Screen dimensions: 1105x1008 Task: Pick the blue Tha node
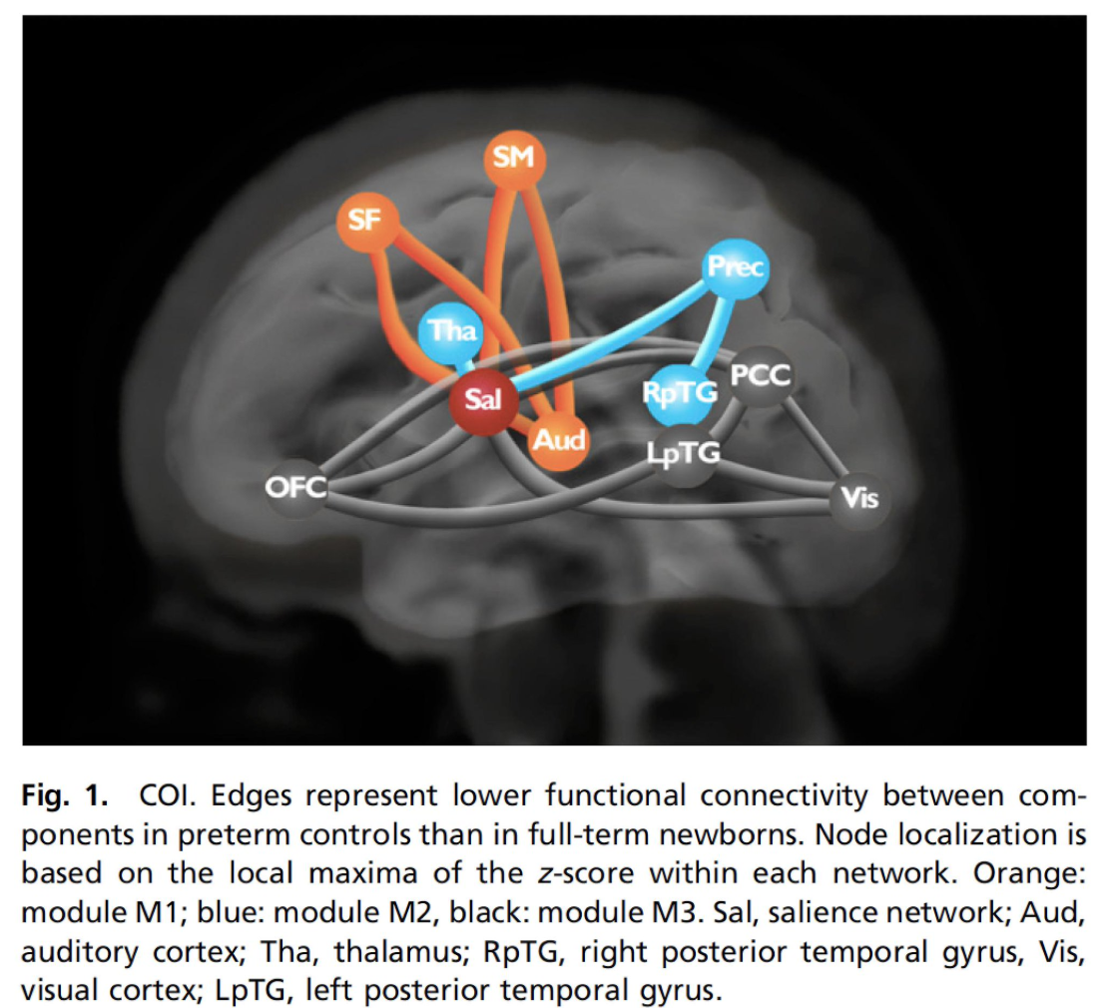(449, 331)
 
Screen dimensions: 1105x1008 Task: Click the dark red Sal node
(483, 399)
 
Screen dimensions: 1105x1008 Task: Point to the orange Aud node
(558, 440)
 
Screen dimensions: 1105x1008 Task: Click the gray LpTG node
(684, 454)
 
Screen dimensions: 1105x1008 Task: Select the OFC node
(296, 487)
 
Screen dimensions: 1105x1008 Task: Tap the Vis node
(859, 499)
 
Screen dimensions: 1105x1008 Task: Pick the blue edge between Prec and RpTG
(712, 331)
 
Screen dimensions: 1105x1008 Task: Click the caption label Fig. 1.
(66, 795)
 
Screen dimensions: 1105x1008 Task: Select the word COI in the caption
(164, 795)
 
